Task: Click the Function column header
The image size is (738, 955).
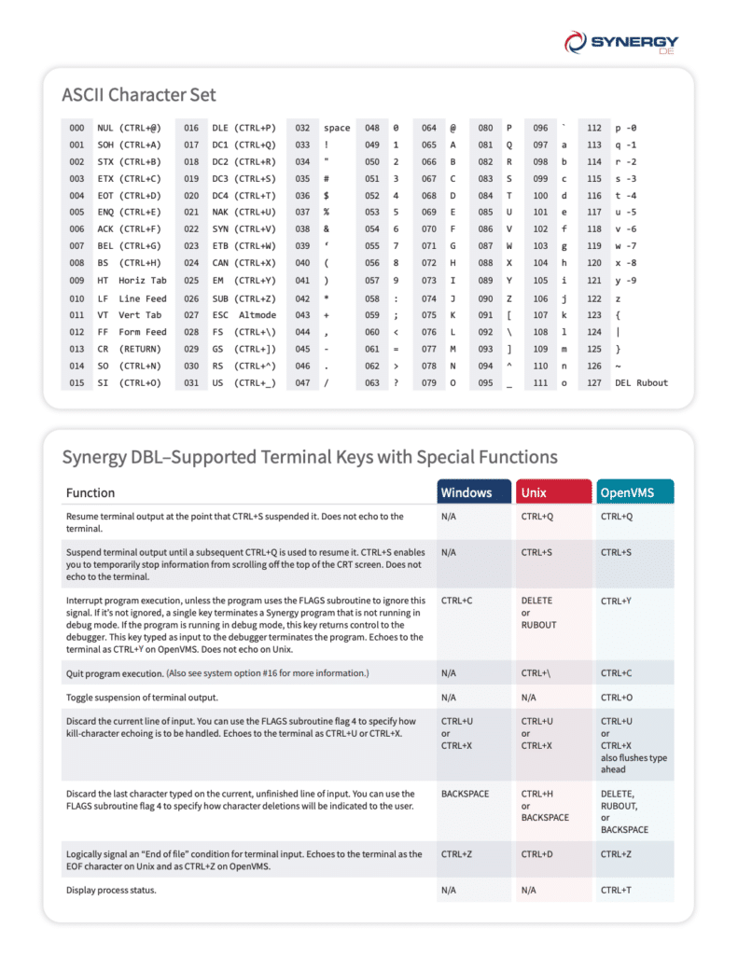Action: (x=91, y=492)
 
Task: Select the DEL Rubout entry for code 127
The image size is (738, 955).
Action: (x=641, y=382)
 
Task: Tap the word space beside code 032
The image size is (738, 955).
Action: (x=337, y=128)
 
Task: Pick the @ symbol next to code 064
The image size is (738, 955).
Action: (x=453, y=128)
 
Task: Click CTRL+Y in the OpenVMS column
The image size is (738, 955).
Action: (x=616, y=601)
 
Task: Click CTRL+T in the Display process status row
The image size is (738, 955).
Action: (x=616, y=890)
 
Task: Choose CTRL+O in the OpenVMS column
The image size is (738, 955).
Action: (x=616, y=697)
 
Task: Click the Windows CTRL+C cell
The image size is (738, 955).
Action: (x=457, y=601)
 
